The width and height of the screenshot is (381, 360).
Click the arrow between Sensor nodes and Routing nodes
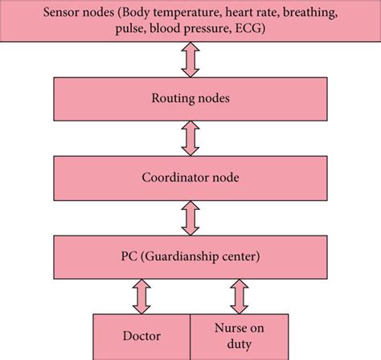[x=190, y=59]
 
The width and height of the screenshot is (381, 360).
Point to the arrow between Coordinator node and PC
[x=190, y=216]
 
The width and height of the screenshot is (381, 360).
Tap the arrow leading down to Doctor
[x=141, y=295]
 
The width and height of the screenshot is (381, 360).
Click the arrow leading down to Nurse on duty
[x=239, y=295]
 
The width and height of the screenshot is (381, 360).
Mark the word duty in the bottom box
[x=238, y=346]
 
